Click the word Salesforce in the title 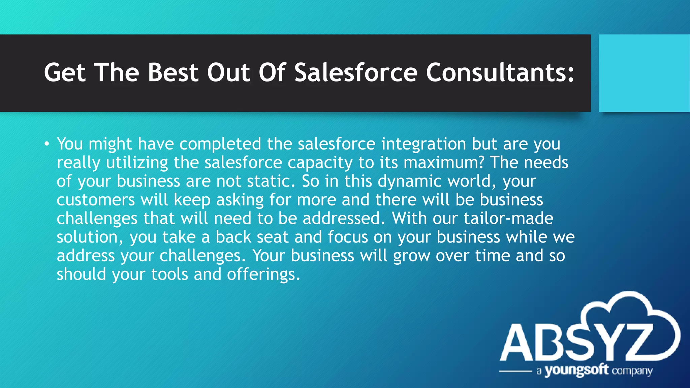356,73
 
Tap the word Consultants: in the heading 500,73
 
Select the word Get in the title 65,73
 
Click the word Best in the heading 173,73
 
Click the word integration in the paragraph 423,144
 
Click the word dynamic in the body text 409,182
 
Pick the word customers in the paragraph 96,200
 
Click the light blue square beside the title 644,73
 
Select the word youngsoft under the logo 576,370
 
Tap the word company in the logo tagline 632,371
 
